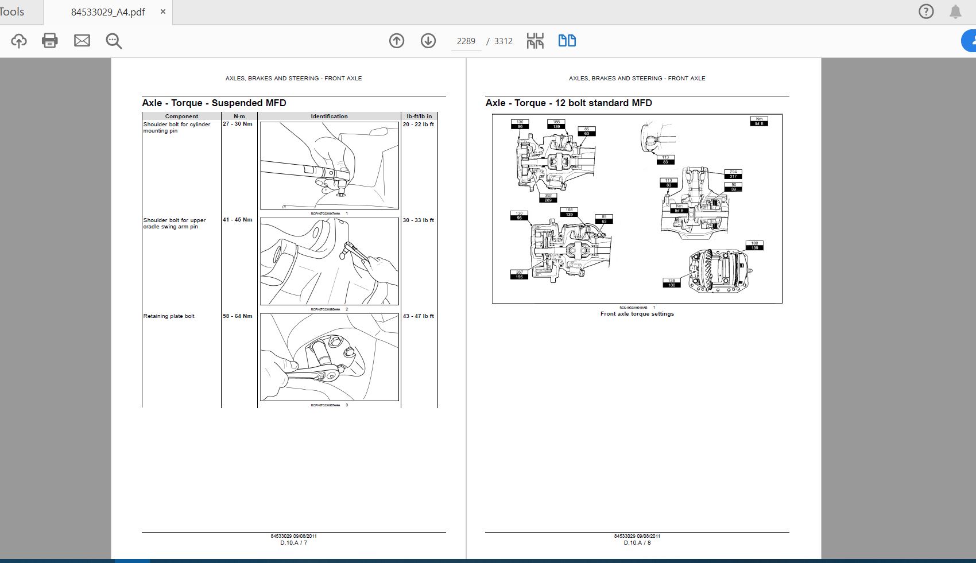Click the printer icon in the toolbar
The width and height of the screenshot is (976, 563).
pos(50,41)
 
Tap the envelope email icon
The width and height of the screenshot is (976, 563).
pos(82,41)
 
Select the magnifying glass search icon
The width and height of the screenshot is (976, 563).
pos(114,41)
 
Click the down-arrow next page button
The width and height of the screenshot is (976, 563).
pos(428,41)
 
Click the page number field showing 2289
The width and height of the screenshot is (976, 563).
pos(466,41)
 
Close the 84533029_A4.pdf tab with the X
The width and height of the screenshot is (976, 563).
pos(163,11)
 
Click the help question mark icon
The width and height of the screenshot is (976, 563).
pos(926,11)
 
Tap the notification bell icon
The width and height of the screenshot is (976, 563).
pos(955,12)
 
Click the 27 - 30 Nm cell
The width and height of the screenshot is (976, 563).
pos(238,124)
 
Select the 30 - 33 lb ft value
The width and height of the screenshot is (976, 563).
pos(418,220)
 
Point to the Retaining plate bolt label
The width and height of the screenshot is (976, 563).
pos(169,316)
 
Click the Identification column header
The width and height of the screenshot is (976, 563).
pos(329,117)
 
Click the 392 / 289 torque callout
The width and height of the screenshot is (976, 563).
pos(548,198)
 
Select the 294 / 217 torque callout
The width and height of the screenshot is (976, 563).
pos(733,174)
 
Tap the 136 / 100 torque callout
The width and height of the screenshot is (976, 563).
pos(671,283)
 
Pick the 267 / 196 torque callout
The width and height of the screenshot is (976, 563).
pos(519,275)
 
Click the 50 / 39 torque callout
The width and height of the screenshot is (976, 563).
pos(734,187)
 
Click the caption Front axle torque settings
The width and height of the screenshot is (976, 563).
pos(637,314)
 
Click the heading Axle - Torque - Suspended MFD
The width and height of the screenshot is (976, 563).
pos(214,103)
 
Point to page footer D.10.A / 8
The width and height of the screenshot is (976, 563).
pos(637,542)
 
